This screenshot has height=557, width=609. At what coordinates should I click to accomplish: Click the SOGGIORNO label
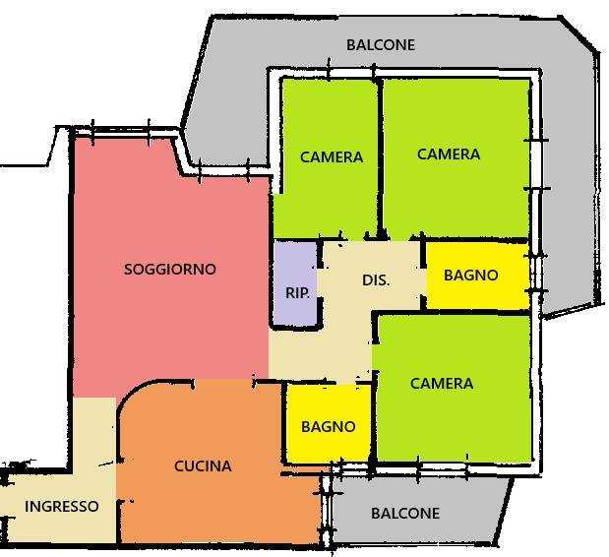point(170,269)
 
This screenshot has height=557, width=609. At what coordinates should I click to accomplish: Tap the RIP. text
point(296,292)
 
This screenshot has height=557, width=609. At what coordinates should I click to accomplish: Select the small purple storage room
point(295,266)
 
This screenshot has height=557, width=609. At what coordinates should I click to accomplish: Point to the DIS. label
point(376,280)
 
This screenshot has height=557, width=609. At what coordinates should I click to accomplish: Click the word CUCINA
point(203,466)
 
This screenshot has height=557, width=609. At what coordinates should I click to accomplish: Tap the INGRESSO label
point(62,507)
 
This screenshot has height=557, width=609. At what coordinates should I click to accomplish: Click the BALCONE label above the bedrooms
point(381,45)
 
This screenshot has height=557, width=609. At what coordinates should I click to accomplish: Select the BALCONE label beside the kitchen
point(405,514)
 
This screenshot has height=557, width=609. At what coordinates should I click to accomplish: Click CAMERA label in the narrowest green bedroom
point(332,156)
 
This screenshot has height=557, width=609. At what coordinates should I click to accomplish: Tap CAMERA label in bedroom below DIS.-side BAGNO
point(442,384)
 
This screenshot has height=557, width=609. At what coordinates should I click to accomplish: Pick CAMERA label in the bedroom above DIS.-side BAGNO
point(449,155)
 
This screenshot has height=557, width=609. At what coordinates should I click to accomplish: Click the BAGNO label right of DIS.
point(471,276)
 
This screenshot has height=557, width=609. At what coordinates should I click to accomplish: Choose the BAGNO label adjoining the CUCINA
point(329,427)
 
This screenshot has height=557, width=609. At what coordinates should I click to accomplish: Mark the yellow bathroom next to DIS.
point(476,291)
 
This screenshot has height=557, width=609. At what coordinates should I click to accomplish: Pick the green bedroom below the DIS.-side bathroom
point(453,423)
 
